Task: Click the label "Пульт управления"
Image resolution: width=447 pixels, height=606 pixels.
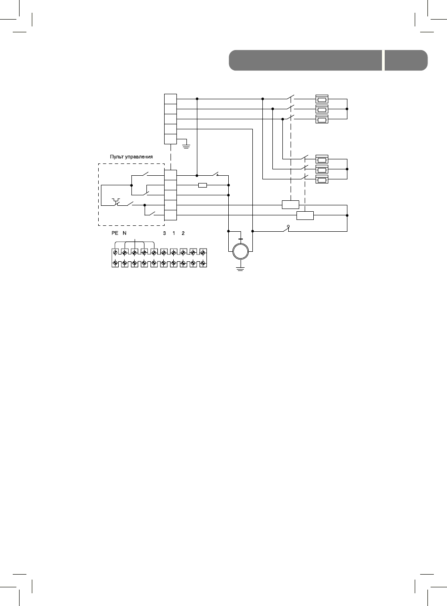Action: click(x=131, y=157)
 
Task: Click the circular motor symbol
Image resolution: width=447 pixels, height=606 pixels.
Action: click(x=241, y=251)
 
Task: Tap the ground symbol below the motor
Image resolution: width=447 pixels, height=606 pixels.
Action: click(x=241, y=269)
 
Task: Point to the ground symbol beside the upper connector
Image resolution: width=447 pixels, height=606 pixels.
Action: click(x=186, y=146)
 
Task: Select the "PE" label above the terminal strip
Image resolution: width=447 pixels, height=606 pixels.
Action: click(x=115, y=233)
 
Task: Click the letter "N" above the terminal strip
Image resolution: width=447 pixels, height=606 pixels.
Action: click(x=125, y=233)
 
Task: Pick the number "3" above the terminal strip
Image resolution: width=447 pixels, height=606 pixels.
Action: click(x=164, y=233)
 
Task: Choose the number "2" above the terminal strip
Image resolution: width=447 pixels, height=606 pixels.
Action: click(x=183, y=233)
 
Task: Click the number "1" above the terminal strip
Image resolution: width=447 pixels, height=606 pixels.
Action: click(x=174, y=233)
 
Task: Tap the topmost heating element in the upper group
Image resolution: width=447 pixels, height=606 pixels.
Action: click(x=322, y=99)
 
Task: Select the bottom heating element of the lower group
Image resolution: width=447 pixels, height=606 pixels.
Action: click(x=322, y=179)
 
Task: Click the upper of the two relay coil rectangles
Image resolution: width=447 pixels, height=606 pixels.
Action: click(x=290, y=205)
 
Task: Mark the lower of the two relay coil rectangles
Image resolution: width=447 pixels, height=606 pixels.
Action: click(x=305, y=215)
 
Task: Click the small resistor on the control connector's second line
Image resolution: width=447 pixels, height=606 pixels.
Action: click(x=203, y=185)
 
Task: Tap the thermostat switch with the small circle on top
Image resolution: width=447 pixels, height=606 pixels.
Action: click(x=286, y=229)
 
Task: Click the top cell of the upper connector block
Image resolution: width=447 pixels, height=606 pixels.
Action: click(x=170, y=99)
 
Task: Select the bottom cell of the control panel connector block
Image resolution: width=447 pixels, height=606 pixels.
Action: click(x=170, y=216)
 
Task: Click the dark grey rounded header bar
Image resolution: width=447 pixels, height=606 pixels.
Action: click(x=305, y=60)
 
